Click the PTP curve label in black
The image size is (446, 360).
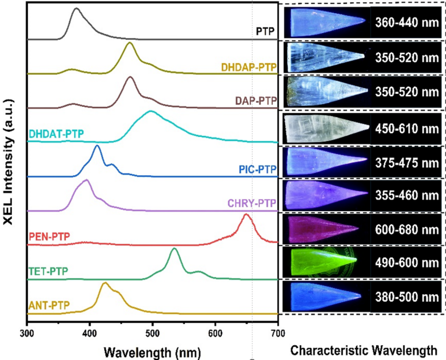[x=266, y=31]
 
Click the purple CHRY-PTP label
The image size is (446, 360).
[x=251, y=203]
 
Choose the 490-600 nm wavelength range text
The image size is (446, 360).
[x=406, y=262]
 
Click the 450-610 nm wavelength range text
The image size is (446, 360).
[x=406, y=126]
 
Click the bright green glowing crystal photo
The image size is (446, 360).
[x=325, y=262]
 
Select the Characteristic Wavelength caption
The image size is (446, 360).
[x=363, y=350]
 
